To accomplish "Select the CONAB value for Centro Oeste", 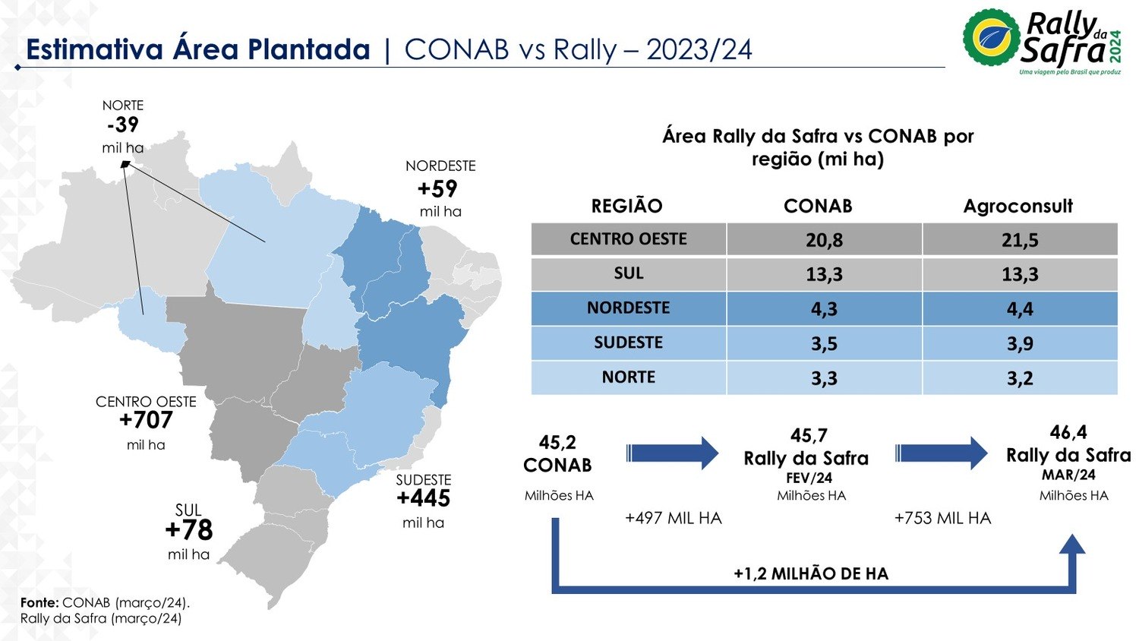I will coord(824,240).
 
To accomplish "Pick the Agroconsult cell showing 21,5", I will coord(1020,240).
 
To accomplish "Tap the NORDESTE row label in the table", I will coord(628,308).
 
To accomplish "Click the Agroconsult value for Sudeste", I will coord(1020,343).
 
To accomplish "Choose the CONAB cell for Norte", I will coord(824,377).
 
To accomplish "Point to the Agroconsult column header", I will coord(1018,206).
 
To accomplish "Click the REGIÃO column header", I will coord(626,206).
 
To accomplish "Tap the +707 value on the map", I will coord(146,420).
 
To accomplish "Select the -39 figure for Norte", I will coord(123,125).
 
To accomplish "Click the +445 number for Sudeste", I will coord(423,498).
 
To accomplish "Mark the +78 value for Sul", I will coord(188,530).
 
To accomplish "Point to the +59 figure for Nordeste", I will coord(438,188).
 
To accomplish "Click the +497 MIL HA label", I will coord(673,518).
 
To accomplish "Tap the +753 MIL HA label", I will coord(942,518).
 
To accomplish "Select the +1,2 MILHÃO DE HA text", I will coord(810,573).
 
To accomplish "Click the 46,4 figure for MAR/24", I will coord(1068,432).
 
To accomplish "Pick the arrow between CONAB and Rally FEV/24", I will coord(673,453).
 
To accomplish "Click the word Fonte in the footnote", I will coord(39,602).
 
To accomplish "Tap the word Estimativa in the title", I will coord(94,49).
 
